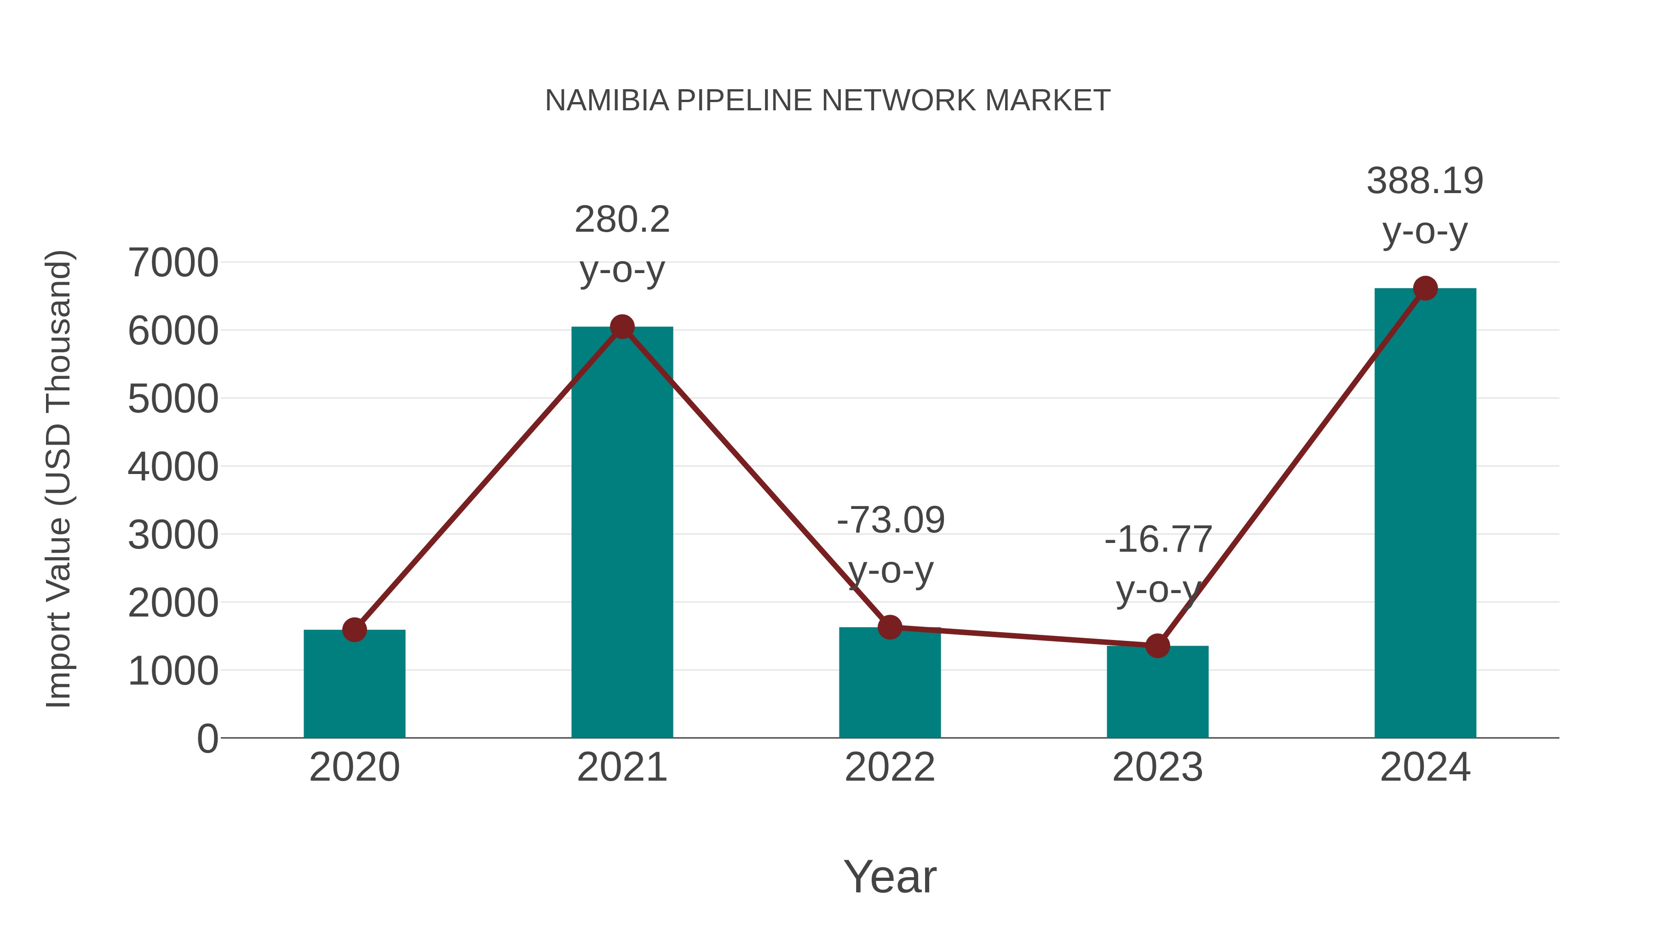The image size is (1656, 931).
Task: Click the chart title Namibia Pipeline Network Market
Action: (828, 101)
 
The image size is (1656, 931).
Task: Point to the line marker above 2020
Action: (354, 630)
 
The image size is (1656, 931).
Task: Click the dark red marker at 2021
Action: (621, 327)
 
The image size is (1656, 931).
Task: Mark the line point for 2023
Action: (1157, 646)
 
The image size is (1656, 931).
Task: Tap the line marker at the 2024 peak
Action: (1425, 288)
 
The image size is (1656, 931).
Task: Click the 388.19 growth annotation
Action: (1425, 181)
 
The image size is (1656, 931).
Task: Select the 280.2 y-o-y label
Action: (621, 220)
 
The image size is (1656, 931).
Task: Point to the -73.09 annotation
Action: (891, 520)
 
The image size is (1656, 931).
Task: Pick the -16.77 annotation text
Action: (1158, 540)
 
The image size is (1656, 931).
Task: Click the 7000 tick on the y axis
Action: (173, 263)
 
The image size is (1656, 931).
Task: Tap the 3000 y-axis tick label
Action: (173, 535)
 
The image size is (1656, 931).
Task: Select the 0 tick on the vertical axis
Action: (207, 739)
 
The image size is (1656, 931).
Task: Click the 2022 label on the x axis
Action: (890, 767)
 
